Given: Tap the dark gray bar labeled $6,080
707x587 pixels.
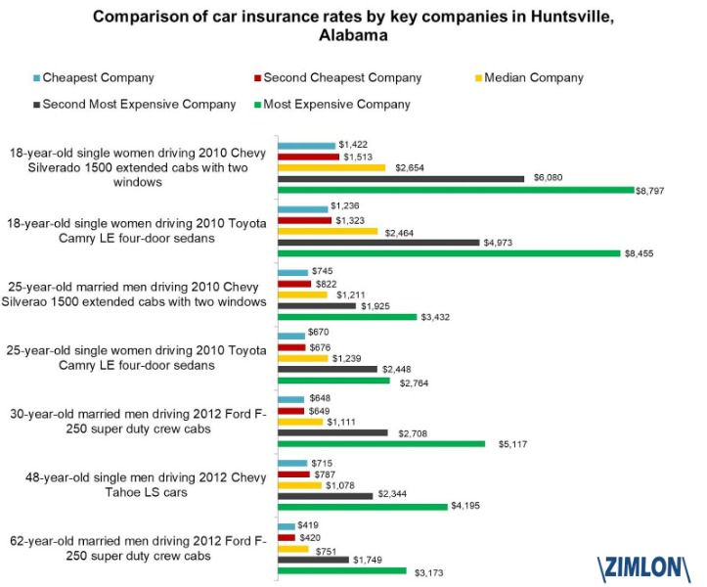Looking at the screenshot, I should tap(401, 178).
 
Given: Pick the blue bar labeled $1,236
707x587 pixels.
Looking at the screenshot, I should tap(303, 208).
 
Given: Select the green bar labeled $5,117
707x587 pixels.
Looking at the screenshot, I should tap(381, 443).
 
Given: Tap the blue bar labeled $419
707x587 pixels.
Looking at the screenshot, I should tap(287, 526).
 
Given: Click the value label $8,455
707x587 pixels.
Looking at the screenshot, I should tap(640, 253).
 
